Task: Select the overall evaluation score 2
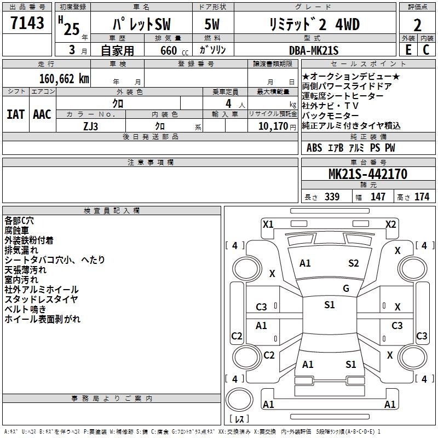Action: [417, 25]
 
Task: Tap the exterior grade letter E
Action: [408, 49]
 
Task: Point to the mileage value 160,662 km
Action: [64, 79]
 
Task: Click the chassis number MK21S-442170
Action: [367, 175]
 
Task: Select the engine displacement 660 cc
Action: [169, 50]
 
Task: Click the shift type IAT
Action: [15, 114]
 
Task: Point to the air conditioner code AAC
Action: [42, 114]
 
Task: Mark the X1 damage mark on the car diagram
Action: [268, 224]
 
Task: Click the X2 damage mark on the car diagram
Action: [390, 224]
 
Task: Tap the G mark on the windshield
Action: [345, 289]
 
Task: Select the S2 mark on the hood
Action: [353, 263]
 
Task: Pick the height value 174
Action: [422, 197]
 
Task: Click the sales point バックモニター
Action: [330, 116]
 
